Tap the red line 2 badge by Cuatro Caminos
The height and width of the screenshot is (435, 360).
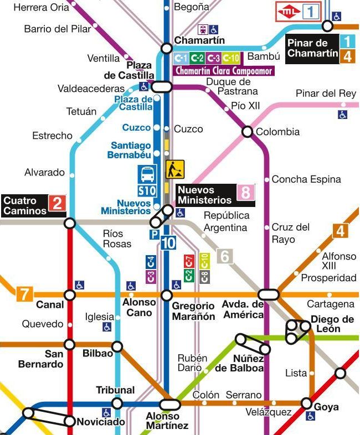[x=58, y=205]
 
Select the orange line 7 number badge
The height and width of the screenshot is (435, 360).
[x=24, y=294]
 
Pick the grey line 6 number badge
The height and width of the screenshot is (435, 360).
[x=224, y=256]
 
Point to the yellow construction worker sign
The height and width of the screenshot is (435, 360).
[x=175, y=169]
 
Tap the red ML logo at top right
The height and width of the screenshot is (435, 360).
[x=289, y=11]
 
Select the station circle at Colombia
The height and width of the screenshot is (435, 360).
[x=247, y=132]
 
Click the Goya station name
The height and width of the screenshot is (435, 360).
[x=326, y=407]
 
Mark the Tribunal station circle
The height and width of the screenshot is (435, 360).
[x=117, y=403]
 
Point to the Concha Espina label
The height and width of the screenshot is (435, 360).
[x=306, y=179]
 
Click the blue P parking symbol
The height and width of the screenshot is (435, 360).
[x=154, y=235]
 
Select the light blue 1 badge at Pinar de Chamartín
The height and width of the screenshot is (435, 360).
[x=347, y=41]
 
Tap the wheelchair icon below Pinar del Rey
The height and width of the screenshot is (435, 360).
[x=343, y=115]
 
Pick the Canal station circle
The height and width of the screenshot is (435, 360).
[x=70, y=295]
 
